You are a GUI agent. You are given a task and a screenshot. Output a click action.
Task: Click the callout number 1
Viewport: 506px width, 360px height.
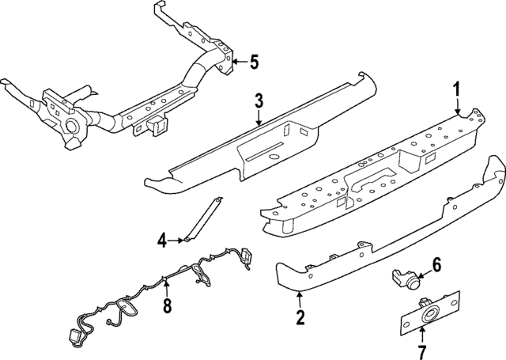click(x=457, y=89)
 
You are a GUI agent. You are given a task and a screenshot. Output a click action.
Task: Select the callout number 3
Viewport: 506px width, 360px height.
click(x=259, y=100)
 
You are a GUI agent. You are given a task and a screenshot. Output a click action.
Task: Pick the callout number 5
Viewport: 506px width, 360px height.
click(x=253, y=61)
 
